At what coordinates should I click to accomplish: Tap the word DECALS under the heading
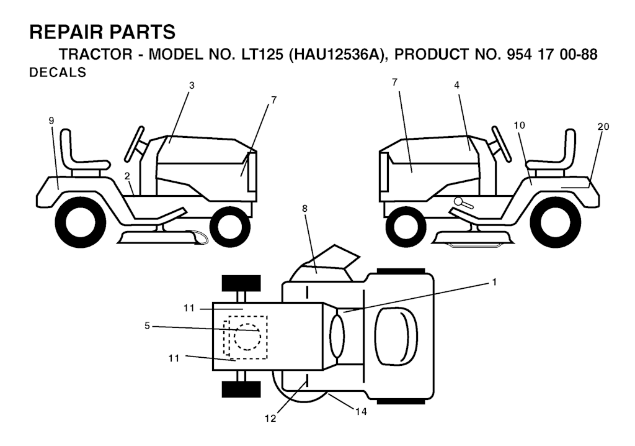[x=58, y=73]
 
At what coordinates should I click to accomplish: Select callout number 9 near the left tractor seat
[x=51, y=121]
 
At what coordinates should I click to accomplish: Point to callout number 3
[x=192, y=85]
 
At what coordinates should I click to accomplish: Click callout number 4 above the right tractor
[x=457, y=85]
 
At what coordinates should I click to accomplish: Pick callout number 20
[x=603, y=127]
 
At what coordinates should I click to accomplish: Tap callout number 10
[x=519, y=125]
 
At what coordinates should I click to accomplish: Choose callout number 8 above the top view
[x=304, y=209]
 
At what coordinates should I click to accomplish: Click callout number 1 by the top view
[x=494, y=282]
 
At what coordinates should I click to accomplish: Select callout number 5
[x=148, y=326]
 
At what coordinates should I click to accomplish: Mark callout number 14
[x=362, y=411]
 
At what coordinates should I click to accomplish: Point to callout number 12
[x=270, y=419]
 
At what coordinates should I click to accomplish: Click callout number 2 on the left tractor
[x=127, y=176]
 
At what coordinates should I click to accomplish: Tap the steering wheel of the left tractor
[x=135, y=143]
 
